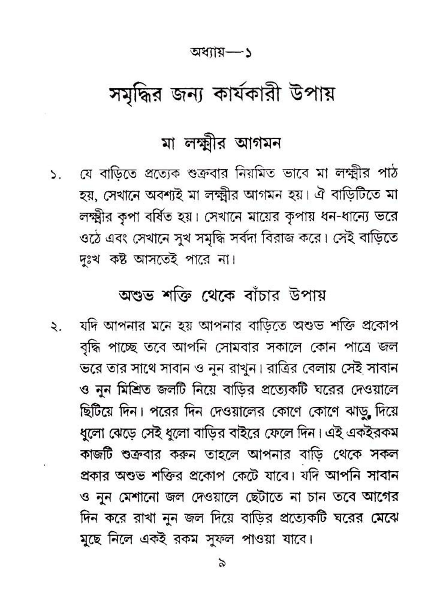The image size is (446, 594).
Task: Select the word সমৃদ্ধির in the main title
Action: coord(135,94)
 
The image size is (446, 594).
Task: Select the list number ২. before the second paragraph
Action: coord(56,328)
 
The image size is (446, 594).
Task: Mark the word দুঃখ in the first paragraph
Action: coord(90,260)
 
